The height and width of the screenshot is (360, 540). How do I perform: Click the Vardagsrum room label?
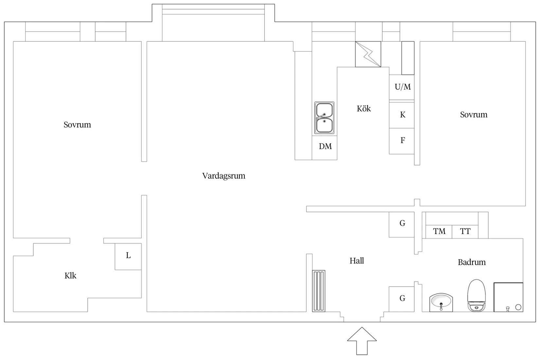(x=224, y=176)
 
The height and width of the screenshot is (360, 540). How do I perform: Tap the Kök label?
(x=364, y=109)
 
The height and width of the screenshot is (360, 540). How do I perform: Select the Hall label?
(x=356, y=261)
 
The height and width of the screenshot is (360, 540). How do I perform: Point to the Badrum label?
(x=472, y=262)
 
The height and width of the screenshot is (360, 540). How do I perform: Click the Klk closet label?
(x=70, y=276)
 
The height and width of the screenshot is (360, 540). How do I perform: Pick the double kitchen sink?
(x=324, y=118)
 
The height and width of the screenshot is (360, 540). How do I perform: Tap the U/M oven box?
(x=402, y=87)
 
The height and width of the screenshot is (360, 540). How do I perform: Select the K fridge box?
(x=402, y=115)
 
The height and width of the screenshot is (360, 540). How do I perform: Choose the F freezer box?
(x=402, y=141)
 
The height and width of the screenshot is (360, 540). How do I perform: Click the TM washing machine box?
(x=439, y=232)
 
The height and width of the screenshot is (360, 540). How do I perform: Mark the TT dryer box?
(x=465, y=232)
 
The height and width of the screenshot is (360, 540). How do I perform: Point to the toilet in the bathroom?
(x=476, y=295)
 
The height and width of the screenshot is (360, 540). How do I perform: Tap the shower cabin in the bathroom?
(x=508, y=297)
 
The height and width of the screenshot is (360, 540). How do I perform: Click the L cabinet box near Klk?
(x=128, y=256)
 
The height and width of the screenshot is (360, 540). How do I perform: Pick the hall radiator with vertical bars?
(x=318, y=291)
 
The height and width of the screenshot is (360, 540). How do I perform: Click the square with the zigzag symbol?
(x=368, y=54)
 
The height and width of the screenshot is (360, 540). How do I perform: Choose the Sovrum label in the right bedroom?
(x=474, y=115)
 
